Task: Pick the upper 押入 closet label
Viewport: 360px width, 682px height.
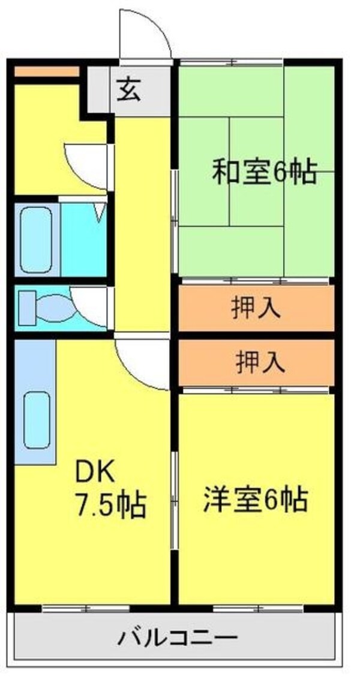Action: (x=256, y=308)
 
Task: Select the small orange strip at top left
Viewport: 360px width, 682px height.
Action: (x=46, y=72)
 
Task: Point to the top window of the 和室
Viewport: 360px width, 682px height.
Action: (x=230, y=61)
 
